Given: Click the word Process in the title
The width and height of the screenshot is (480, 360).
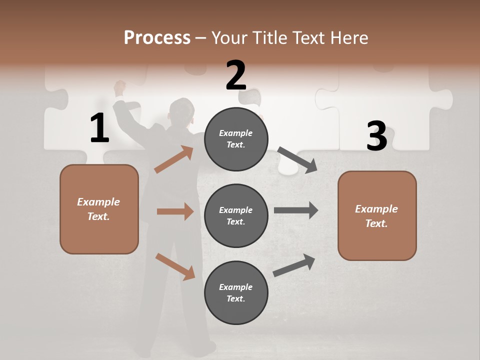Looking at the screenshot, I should point(157,38).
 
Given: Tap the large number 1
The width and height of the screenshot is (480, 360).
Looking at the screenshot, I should point(99,128).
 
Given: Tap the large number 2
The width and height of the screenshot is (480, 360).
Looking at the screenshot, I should point(235,75).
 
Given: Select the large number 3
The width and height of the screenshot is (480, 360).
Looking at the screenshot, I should point(376,136).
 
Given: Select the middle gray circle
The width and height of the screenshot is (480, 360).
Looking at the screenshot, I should point(236,215).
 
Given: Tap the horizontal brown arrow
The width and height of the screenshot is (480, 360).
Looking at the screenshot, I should point(175,211).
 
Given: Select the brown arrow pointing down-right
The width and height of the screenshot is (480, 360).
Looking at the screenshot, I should point(175,266).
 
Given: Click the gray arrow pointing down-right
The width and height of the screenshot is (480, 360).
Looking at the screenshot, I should point(297,160).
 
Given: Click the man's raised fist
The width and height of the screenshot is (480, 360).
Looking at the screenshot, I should point(119,87).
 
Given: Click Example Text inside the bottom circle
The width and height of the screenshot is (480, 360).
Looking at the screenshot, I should point(236,292).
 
